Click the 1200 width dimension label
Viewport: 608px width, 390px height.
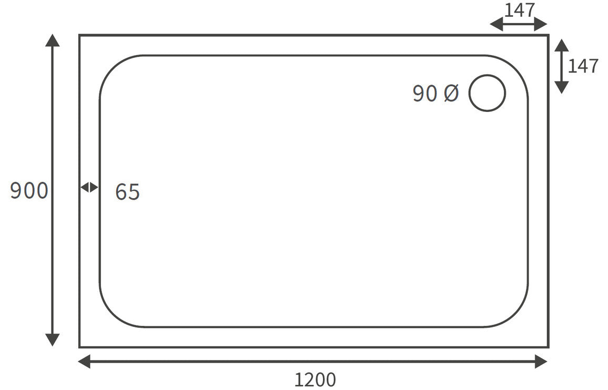[315, 379]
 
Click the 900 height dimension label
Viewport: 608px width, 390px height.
[29, 191]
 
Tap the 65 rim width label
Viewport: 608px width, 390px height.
[127, 192]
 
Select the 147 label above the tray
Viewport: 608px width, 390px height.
[520, 10]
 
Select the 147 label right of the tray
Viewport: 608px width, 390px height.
[583, 66]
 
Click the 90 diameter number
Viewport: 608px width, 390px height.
[425, 94]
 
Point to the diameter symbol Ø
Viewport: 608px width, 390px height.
[451, 94]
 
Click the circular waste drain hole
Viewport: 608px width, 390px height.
[487, 93]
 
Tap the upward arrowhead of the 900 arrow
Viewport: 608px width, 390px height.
[52, 40]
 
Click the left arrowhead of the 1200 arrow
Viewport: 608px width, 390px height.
[84, 361]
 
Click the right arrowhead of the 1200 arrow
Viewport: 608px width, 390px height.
[541, 361]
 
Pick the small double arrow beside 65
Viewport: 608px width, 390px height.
[89, 187]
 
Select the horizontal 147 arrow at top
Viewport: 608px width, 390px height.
[519, 24]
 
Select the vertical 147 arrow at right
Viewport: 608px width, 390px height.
[562, 66]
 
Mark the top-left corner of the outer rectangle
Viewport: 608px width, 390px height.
[80, 35]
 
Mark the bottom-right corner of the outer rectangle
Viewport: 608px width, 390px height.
[548, 347]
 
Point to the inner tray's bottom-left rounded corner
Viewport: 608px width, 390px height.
[112, 315]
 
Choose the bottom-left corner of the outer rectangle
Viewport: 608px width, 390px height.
[80, 347]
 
